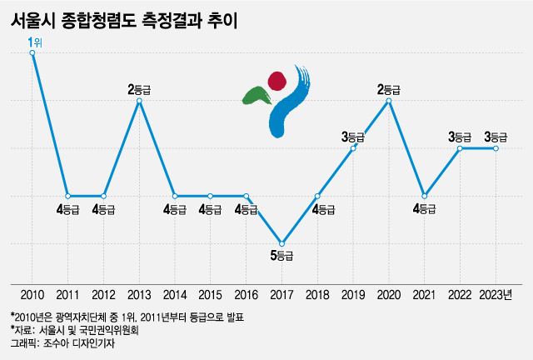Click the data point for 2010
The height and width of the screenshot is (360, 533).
(32, 52)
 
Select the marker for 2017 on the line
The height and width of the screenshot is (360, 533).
(282, 242)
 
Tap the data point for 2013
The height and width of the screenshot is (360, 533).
(139, 101)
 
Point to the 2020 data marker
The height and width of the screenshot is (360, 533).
(390, 101)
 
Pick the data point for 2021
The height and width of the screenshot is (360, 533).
(425, 196)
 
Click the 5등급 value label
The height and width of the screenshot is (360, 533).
(282, 256)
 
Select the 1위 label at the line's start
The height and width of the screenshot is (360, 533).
(34, 41)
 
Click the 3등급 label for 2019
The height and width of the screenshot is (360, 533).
(353, 135)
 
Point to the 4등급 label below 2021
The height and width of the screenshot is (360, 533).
(425, 209)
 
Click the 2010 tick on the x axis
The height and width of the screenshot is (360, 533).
(32, 294)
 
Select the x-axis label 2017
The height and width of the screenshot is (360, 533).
(282, 294)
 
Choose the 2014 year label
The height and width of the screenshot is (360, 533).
(175, 294)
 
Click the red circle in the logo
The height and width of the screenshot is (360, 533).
(276, 80)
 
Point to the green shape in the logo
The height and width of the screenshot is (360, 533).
(255, 95)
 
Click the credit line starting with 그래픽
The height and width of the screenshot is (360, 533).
(62, 342)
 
